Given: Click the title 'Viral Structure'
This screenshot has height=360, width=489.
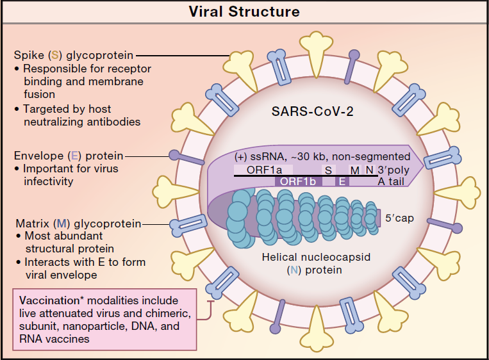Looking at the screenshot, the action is (244, 12).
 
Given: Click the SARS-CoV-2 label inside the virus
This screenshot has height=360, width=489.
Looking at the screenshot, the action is (313, 111).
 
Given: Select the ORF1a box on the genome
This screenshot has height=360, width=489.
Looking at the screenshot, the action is (263, 170).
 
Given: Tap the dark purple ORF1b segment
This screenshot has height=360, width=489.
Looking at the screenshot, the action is (298, 181).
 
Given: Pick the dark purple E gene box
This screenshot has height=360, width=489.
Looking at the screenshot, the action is (342, 181).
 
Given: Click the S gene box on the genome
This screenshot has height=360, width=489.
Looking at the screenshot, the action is (328, 170).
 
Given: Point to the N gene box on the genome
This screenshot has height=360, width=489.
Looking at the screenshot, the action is (370, 170).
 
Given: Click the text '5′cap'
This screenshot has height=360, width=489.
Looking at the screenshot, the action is (399, 218).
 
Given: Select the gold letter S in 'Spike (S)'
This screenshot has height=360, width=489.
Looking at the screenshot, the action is (55, 55).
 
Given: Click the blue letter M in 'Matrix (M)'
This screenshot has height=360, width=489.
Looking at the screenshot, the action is (62, 224).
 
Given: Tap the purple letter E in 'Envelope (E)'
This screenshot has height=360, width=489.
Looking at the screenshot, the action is (74, 156).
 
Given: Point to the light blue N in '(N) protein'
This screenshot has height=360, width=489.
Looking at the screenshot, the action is (294, 270).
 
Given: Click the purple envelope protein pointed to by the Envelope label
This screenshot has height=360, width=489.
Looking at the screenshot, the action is (186, 158).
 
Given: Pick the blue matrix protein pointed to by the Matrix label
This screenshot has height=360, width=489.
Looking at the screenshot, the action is (188, 225).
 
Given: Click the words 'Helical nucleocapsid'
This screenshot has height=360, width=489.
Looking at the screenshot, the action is (316, 257).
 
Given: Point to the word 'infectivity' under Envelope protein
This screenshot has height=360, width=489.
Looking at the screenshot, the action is (49, 181).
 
